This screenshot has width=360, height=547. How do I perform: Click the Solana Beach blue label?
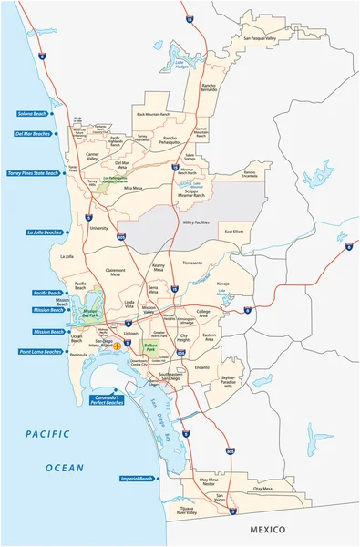click(x=32, y=113)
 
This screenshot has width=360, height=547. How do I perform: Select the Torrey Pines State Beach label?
click(x=32, y=172)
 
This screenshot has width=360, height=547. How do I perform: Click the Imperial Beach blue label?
click(x=136, y=477)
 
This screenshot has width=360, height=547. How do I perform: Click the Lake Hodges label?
click(x=181, y=65)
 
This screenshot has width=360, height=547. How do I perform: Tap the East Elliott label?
click(x=234, y=232)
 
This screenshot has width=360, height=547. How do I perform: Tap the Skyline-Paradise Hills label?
click(x=228, y=383)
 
